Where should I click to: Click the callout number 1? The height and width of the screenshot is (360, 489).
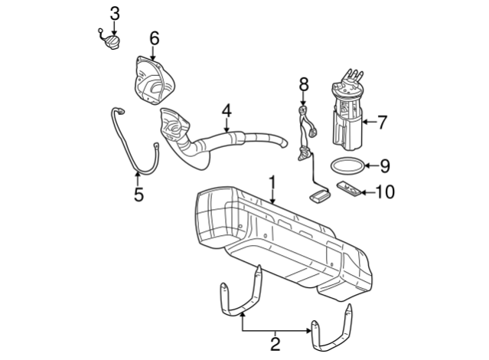coord(271,183)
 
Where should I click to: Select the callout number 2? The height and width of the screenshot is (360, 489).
coord(275,343)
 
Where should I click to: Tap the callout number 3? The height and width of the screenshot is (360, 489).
coord(115,12)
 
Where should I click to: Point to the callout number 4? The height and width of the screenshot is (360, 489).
coord(227,113)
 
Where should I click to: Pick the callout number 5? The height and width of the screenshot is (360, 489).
coord(139,195)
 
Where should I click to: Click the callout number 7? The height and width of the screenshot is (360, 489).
coord(383,120)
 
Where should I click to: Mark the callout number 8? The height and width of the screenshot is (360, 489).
coord(303,82)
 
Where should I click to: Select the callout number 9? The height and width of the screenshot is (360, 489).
coord(385,165)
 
